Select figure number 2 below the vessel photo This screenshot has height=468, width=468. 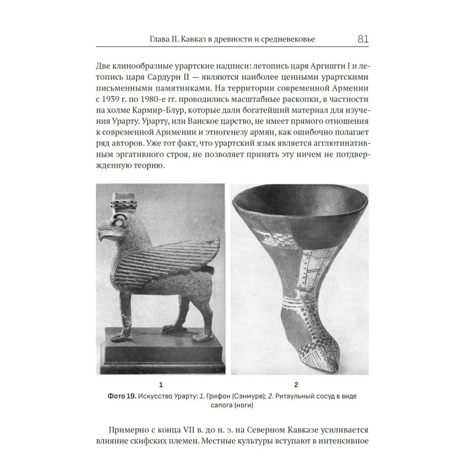coord(297,384)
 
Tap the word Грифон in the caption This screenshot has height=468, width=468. coord(214,396)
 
